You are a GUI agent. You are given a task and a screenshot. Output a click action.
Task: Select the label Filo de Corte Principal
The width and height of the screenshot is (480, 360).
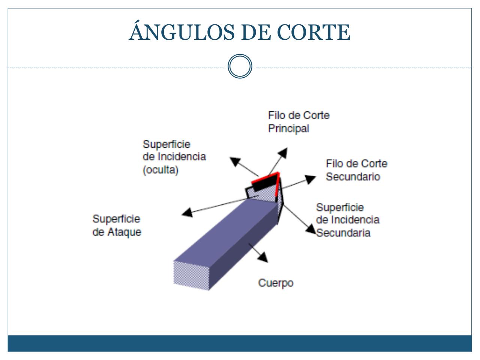coord(298,121)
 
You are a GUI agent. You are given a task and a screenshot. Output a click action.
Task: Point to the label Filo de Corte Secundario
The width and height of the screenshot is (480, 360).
coord(356,170)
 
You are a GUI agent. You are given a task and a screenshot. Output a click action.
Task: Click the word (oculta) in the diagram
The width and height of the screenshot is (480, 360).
coord(160,170)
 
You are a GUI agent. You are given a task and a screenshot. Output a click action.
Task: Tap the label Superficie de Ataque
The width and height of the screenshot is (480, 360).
coord(117,225)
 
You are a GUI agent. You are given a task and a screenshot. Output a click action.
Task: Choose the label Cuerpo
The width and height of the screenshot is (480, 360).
coord(276,282)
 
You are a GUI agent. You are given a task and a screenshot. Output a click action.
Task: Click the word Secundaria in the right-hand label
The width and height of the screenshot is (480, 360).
coord(343,232)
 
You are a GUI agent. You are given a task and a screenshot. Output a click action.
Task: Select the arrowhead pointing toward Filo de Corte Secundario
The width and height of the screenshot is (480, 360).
coord(310,179)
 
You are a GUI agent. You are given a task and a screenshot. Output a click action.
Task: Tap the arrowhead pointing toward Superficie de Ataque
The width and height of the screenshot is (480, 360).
coord(187,213)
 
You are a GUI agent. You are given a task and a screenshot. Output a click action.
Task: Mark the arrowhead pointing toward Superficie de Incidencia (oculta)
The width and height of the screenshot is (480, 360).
coord(235,161)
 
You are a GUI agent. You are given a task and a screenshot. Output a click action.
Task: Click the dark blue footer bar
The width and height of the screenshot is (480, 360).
coord(240,343)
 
